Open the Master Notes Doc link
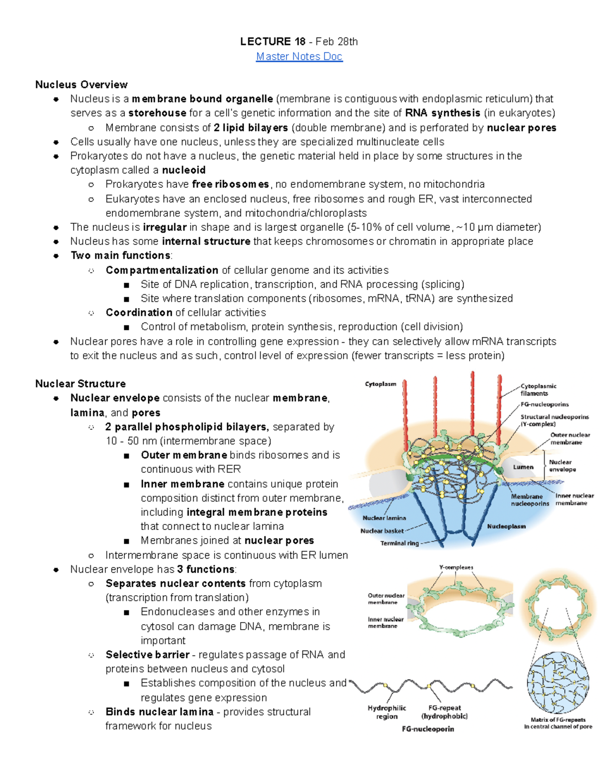(299, 56)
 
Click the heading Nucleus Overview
(81, 84)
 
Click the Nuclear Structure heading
(80, 384)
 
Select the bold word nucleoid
(184, 170)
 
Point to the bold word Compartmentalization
(162, 270)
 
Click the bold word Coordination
(139, 313)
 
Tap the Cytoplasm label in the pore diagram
(380, 384)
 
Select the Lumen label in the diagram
(523, 467)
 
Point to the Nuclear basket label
(382, 531)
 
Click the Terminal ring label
(399, 543)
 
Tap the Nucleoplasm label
(506, 526)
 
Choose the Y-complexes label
(456, 568)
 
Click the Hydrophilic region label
(387, 712)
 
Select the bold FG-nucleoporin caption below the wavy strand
(428, 729)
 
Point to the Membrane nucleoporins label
(530, 500)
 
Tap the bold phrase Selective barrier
(147, 655)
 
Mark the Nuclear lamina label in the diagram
(384, 518)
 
